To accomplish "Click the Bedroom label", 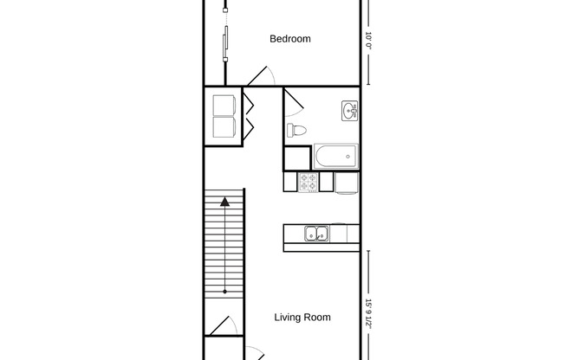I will click(290, 39).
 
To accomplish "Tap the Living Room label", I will click(302, 318).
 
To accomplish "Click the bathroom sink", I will click(350, 110).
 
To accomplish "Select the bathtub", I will click(336, 157).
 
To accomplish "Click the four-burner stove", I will click(308, 182).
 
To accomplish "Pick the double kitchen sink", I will click(315, 232).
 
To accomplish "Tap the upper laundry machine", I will click(226, 104).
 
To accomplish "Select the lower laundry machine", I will click(226, 127).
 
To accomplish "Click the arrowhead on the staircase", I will click(225, 202).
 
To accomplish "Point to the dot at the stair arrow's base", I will click(225, 292).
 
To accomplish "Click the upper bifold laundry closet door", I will click(248, 105).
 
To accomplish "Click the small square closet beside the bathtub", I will click(296, 157).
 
